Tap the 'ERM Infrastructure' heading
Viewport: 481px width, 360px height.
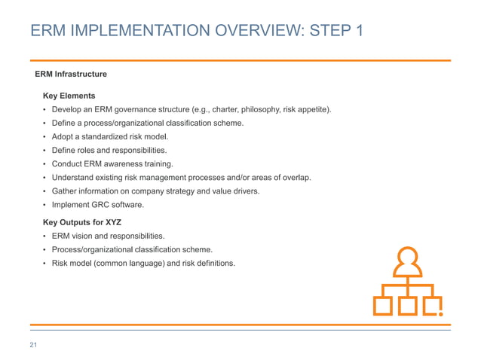click(71, 75)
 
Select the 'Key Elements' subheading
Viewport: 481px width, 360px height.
click(69, 96)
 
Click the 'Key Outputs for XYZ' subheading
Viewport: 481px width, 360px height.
click(82, 223)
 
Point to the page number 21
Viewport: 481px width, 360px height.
click(33, 346)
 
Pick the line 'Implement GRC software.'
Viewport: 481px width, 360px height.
click(97, 205)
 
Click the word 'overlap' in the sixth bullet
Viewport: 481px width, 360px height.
click(296, 178)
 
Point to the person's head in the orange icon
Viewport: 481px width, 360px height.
click(407, 258)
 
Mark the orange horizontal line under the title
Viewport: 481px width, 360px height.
click(240, 60)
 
